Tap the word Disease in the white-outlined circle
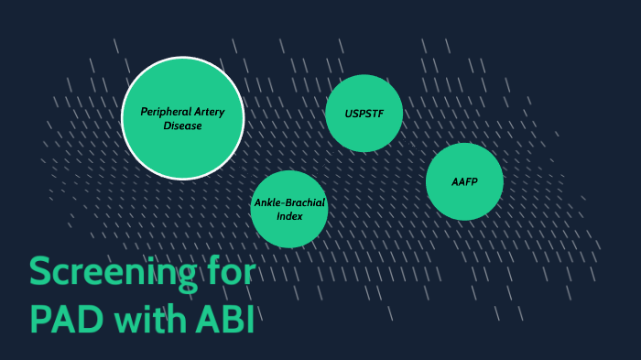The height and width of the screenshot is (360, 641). coord(182,126)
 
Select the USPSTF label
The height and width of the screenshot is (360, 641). coord(364,114)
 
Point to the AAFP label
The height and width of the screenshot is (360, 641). coord(464,181)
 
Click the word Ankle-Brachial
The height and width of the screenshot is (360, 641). coord(289,202)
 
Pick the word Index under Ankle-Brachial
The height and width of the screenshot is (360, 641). coord(289,216)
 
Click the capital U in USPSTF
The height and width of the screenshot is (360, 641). coord(349,114)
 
